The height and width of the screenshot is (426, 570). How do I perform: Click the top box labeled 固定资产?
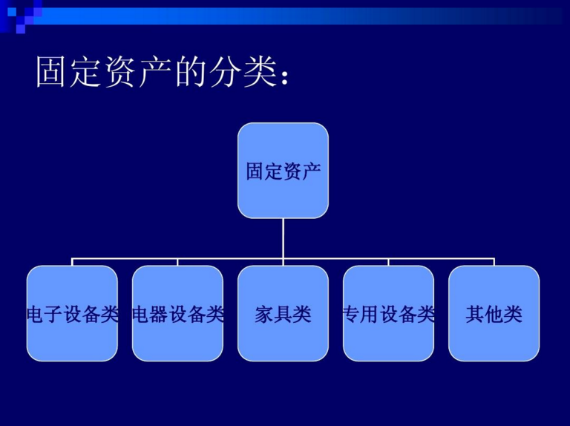click(x=283, y=171)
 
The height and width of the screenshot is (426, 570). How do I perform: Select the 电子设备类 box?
click(x=72, y=313)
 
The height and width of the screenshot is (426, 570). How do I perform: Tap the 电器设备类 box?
click(x=177, y=313)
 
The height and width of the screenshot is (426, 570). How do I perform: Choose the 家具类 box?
click(x=283, y=313)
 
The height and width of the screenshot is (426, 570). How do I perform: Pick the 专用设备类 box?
click(x=388, y=313)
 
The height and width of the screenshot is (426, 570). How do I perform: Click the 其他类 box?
click(x=494, y=313)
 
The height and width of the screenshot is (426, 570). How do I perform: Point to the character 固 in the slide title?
click(x=50, y=71)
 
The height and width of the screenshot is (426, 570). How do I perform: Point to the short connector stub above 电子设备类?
click(x=72, y=262)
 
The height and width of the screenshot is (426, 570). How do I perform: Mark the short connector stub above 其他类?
click(x=494, y=262)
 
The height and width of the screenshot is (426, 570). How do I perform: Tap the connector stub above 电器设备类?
click(x=177, y=262)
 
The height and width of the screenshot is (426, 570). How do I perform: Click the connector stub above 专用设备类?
click(x=388, y=262)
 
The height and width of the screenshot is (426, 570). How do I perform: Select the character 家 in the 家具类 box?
click(x=264, y=315)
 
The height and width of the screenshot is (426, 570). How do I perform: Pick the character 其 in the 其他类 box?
click(x=475, y=315)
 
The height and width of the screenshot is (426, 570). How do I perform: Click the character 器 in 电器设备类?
click(x=159, y=315)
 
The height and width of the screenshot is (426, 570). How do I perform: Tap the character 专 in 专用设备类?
click(x=352, y=315)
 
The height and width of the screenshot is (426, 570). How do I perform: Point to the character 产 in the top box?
click(x=312, y=171)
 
